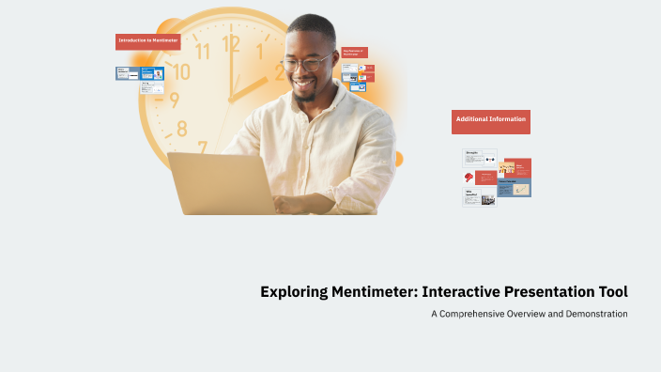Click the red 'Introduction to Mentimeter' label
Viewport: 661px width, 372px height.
point(147,41)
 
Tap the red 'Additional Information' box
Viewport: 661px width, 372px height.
point(490,120)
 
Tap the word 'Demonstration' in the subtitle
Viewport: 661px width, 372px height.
point(594,314)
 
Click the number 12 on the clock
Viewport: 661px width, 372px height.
point(231,42)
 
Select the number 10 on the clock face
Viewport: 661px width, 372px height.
point(181,71)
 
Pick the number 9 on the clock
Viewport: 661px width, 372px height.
point(174,101)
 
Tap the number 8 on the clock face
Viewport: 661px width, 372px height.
point(182,129)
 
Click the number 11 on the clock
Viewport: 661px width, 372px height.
point(201,51)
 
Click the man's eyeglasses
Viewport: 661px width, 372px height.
point(306,64)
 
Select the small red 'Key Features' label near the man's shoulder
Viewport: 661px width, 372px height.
point(354,53)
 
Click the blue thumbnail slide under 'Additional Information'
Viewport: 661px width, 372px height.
point(514,187)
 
